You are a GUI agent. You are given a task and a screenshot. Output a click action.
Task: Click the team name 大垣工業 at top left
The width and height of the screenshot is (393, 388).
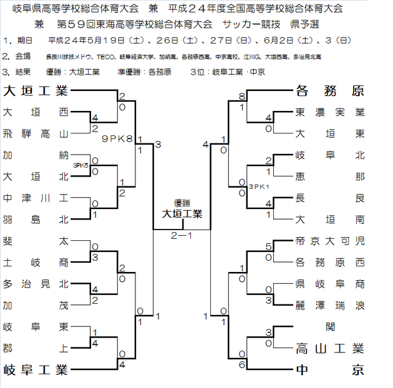(35, 91)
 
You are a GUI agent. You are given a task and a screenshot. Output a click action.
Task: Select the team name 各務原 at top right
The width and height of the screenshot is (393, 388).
(329, 91)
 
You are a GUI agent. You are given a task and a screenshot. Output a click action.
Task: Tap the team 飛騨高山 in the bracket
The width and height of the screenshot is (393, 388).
(35, 134)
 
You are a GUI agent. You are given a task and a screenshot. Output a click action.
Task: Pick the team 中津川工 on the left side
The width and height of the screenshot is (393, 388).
(35, 198)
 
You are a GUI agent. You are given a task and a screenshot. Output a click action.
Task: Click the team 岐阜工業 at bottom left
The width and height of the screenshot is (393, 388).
(35, 369)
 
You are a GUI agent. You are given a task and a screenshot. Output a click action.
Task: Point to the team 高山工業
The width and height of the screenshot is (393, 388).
(329, 348)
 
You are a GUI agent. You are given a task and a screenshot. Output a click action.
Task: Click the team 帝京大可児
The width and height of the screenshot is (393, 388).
(329, 241)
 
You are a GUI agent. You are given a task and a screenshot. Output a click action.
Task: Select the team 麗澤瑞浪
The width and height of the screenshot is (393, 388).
(329, 305)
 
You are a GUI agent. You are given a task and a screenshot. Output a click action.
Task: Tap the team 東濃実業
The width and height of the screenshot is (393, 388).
(329, 113)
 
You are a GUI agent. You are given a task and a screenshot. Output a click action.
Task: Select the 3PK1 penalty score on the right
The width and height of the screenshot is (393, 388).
(258, 186)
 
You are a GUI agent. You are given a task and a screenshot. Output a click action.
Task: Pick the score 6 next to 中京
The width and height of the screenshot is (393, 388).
(241, 364)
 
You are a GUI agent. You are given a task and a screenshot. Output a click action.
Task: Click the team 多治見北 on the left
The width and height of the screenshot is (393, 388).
(35, 284)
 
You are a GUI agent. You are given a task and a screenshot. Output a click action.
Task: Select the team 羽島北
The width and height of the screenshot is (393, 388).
(35, 220)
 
